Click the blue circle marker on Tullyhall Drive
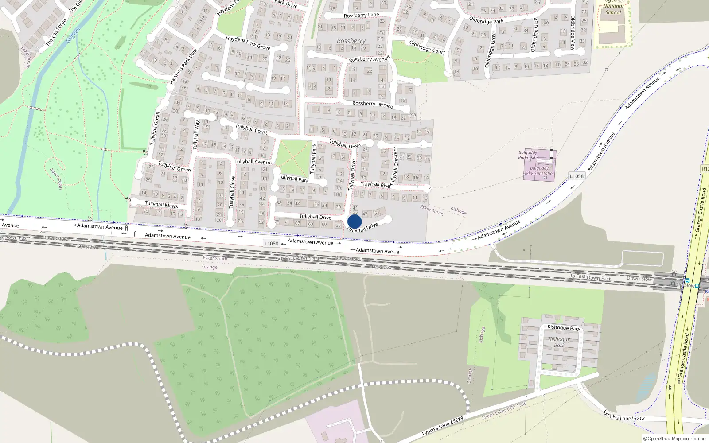(354, 221)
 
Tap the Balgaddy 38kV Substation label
(539, 171)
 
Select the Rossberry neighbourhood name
(351, 41)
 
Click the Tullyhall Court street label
(251, 129)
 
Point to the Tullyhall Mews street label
(161, 205)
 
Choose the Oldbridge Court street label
(427, 47)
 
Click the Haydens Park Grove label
(248, 43)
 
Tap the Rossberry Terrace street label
(372, 105)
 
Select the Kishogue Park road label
(563, 328)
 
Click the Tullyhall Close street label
(232, 192)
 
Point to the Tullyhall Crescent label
(394, 166)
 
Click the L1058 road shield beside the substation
(577, 176)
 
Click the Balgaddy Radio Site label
(528, 155)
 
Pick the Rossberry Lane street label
(361, 16)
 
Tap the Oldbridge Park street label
(486, 21)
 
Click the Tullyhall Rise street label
(375, 185)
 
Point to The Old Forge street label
(56, 32)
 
